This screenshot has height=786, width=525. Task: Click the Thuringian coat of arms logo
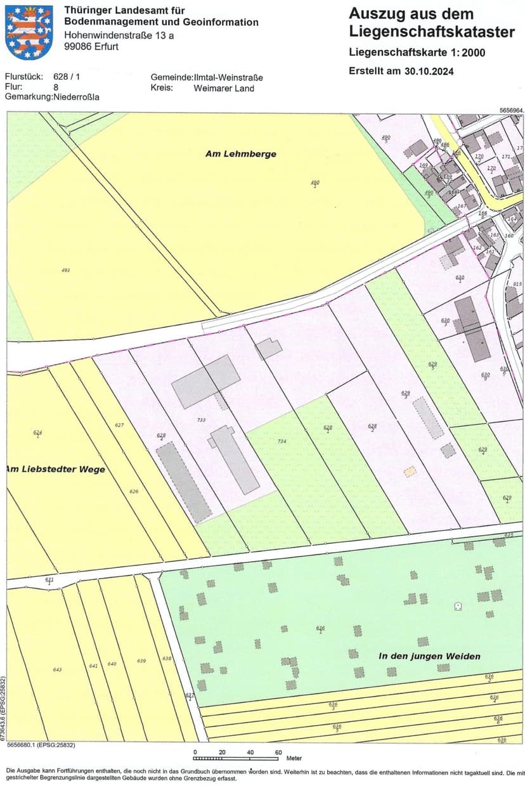(29, 32)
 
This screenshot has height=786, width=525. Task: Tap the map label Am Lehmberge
(241, 153)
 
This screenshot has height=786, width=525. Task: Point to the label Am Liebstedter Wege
(56, 469)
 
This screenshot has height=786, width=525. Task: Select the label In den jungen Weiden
(429, 656)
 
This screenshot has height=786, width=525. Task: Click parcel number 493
(65, 270)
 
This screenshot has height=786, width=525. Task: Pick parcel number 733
(202, 420)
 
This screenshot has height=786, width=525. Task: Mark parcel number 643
(58, 669)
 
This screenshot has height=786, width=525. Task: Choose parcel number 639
(141, 661)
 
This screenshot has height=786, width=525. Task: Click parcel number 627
(119, 425)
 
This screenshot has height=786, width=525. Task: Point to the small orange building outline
(411, 471)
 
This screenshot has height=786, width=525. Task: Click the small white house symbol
(458, 606)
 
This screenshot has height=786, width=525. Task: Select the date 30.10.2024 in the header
(429, 71)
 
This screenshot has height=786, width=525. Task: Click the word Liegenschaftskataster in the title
(432, 31)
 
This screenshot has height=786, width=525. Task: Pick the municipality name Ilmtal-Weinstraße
(229, 77)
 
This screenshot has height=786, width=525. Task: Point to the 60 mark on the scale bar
(278, 752)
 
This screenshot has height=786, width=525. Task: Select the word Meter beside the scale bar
(294, 758)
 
